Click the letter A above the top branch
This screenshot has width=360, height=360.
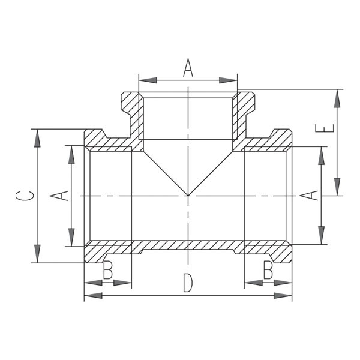188,68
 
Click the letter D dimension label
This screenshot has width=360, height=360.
188,283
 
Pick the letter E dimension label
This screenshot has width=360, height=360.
325,128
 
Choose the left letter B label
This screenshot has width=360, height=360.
107,270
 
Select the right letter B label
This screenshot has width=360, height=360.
268,270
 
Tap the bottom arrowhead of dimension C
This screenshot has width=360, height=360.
37,254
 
